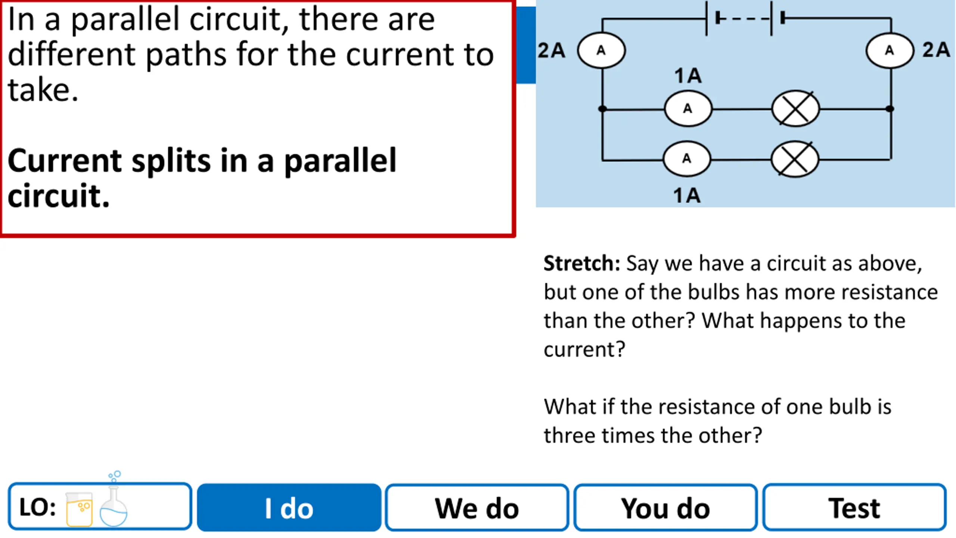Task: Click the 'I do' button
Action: click(x=289, y=507)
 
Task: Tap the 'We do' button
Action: click(x=477, y=507)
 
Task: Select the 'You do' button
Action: click(x=665, y=507)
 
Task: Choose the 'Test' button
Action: click(x=854, y=507)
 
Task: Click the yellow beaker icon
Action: click(x=79, y=509)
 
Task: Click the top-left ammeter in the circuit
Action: click(x=601, y=50)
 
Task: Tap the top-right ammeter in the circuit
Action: click(x=890, y=50)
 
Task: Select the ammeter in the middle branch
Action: click(x=688, y=109)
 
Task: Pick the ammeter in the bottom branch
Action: click(x=687, y=159)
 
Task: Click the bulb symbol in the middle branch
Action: click(x=795, y=109)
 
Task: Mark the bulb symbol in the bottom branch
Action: click(x=795, y=159)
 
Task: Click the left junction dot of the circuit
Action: click(x=602, y=109)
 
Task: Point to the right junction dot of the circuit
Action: click(x=890, y=109)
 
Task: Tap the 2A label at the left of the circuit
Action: click(x=551, y=50)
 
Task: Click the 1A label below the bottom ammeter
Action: click(x=687, y=195)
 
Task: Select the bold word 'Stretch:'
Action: click(x=581, y=263)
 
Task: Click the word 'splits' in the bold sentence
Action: click(x=171, y=161)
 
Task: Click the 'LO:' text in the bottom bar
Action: click(x=37, y=507)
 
